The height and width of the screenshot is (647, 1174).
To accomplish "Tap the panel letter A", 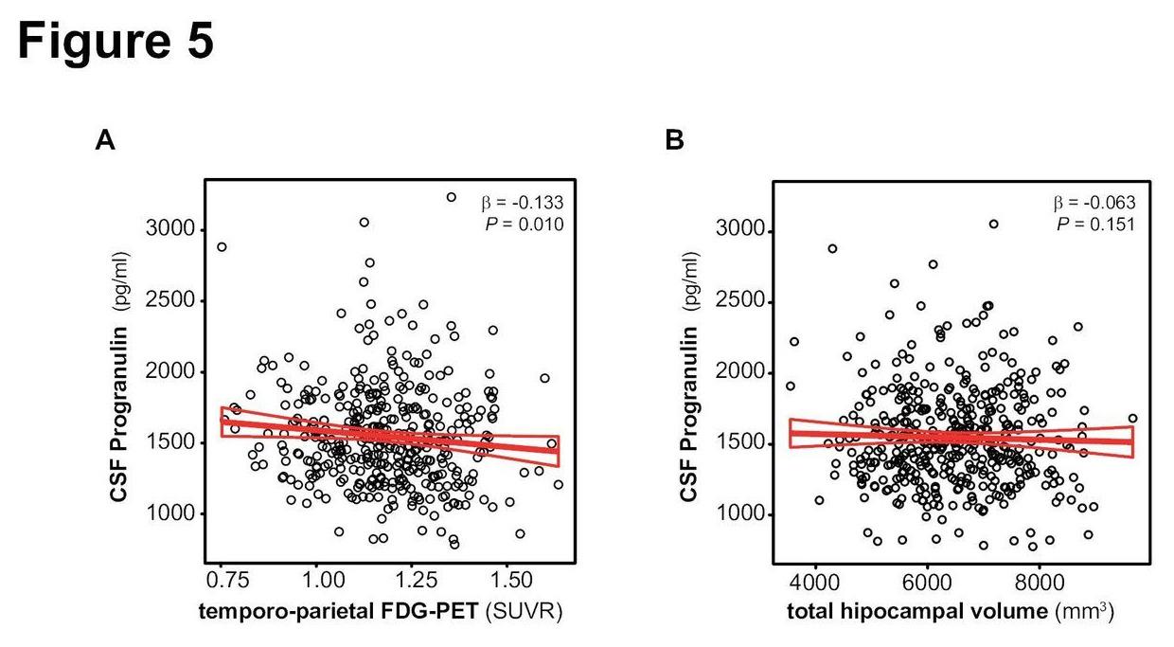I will point(105,141).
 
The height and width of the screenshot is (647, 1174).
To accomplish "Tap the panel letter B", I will point(674,141).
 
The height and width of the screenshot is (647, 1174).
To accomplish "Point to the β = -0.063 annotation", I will point(1094,203).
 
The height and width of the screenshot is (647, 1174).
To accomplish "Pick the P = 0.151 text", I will point(1096,224).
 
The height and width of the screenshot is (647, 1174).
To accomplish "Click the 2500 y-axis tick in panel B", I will point(740,303).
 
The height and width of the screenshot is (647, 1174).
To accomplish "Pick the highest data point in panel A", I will point(452,197).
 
